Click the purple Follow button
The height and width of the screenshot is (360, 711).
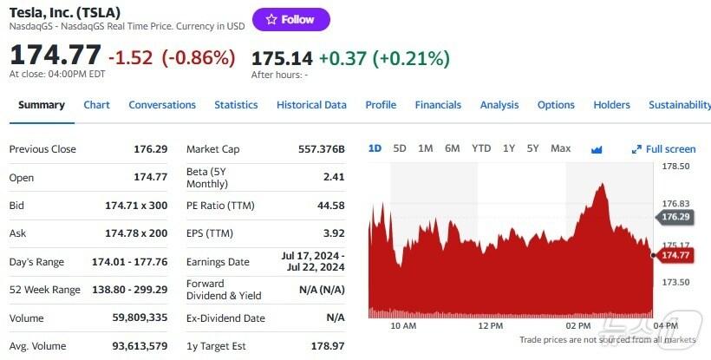coord(290,19)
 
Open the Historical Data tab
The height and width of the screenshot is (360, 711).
coord(311,105)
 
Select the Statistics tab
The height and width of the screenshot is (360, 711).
coord(236,105)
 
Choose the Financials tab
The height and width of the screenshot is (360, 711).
coord(438,105)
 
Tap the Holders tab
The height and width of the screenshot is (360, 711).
coord(611,105)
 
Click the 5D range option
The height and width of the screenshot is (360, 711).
coord(400,148)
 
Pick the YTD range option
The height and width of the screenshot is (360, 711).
coord(481,148)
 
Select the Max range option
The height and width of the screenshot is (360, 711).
coord(560,148)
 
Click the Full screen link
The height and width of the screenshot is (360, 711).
coord(664,149)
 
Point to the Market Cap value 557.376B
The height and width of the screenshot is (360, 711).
coord(321,149)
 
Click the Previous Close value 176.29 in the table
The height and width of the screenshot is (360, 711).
coord(150,149)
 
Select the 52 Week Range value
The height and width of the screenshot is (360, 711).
coord(129,290)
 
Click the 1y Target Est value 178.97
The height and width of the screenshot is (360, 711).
coord(326,346)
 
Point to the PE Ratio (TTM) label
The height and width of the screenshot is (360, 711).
coord(221,206)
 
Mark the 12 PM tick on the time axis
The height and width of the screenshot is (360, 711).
coord(491,325)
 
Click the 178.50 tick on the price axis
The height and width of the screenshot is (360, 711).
coord(675,166)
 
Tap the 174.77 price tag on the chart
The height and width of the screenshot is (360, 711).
coord(675,255)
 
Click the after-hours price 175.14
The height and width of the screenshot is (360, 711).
coord(281,58)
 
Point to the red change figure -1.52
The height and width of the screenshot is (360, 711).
coord(134,58)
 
